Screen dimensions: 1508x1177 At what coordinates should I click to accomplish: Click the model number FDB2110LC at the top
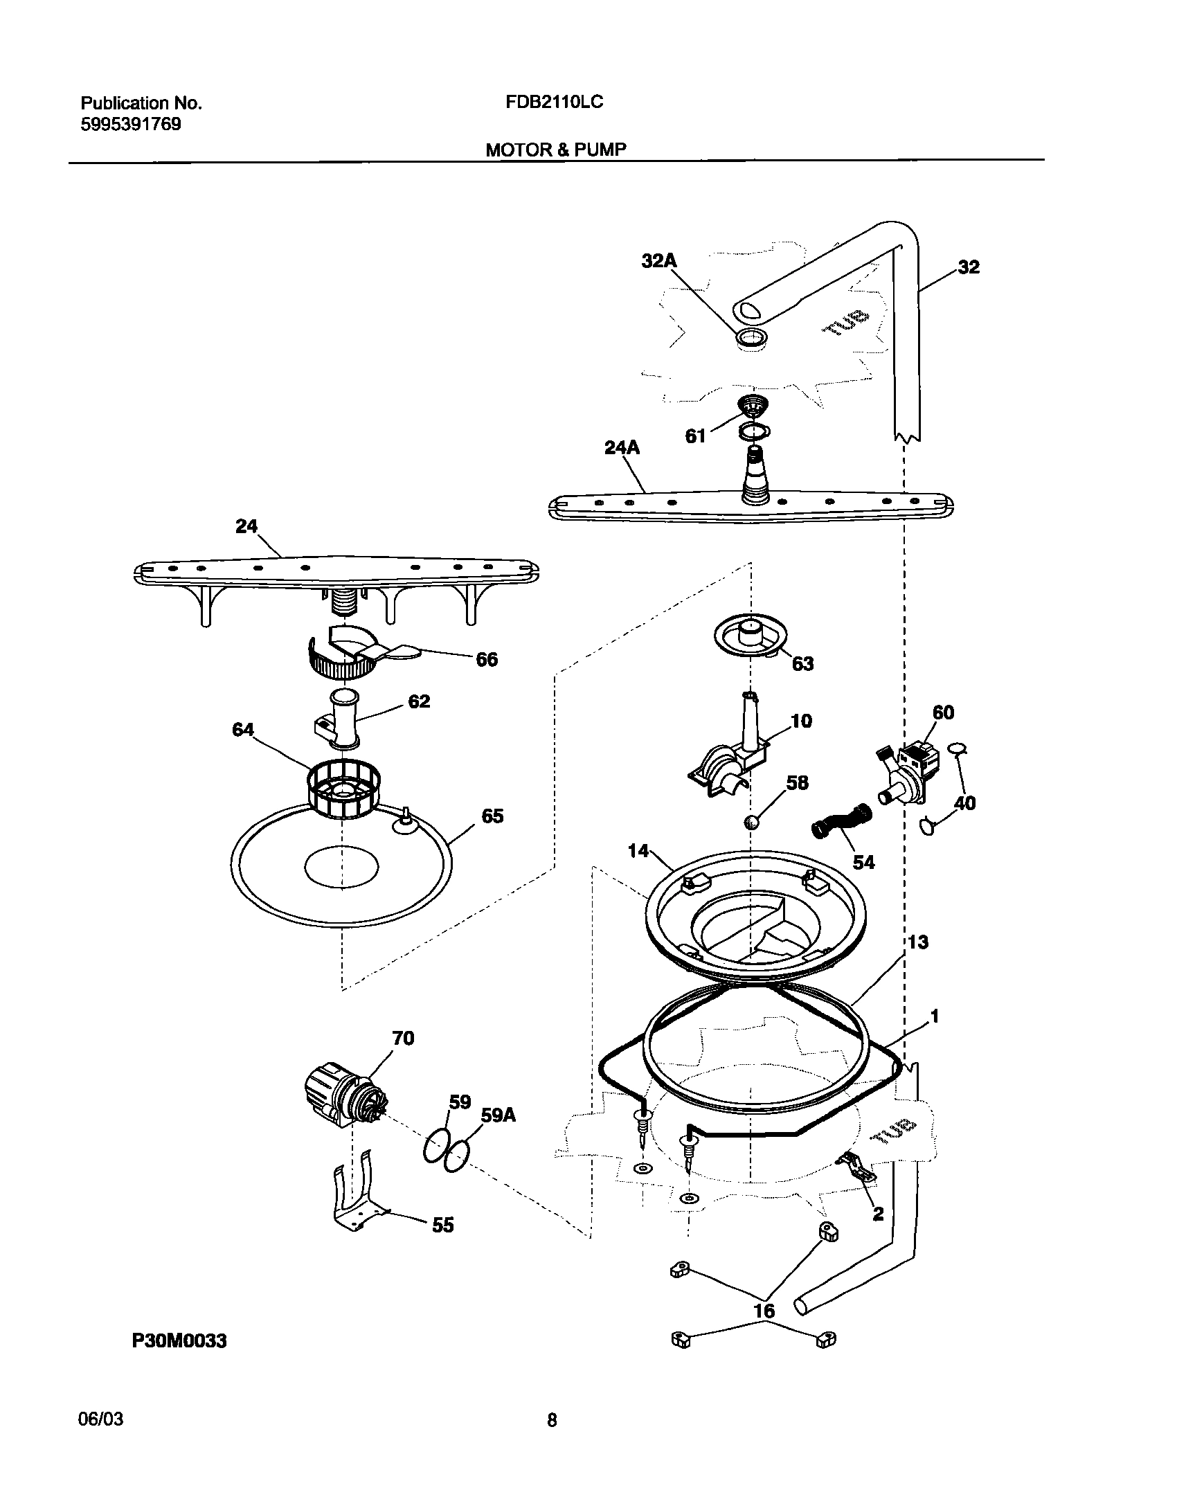pos(554,102)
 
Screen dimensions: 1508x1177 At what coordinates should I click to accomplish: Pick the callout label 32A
pos(659,261)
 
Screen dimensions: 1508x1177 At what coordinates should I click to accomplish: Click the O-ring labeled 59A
pos(456,1156)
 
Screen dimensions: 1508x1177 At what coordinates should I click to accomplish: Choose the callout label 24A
pos(622,448)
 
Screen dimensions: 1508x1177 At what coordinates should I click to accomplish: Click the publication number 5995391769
pos(131,125)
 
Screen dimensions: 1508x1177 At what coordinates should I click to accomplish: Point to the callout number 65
pos(492,816)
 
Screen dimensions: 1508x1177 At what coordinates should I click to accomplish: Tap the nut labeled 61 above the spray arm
pos(751,404)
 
